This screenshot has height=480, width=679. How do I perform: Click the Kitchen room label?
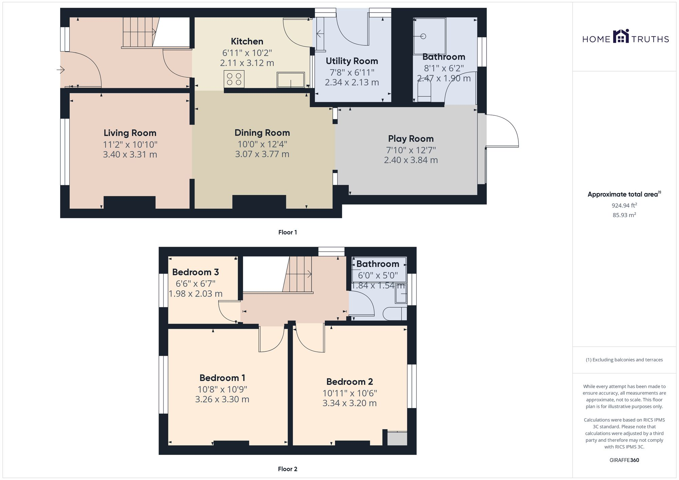pos(247,41)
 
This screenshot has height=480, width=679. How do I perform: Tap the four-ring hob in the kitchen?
pos(234,79)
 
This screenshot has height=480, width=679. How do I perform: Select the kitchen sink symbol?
pos(291,80)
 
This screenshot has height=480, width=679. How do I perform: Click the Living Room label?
pos(130,133)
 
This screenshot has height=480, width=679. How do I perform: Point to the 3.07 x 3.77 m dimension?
pos(262,154)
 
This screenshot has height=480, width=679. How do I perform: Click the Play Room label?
pos(411,139)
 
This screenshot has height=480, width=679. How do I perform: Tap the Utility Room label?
pos(352,61)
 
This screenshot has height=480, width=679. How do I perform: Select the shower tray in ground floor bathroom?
pos(429,36)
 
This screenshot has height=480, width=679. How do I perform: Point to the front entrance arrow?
pos(61,70)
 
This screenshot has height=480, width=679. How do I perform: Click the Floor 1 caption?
pos(287,232)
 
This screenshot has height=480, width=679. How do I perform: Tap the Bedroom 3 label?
pos(195,272)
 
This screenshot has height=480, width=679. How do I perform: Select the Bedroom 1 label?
pos(222,378)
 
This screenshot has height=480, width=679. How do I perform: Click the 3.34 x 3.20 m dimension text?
pos(349,403)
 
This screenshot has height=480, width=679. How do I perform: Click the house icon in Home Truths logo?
pos(621,36)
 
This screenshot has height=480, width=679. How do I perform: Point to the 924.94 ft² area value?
pos(624,205)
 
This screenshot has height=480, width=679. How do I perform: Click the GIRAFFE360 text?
pos(624,460)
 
